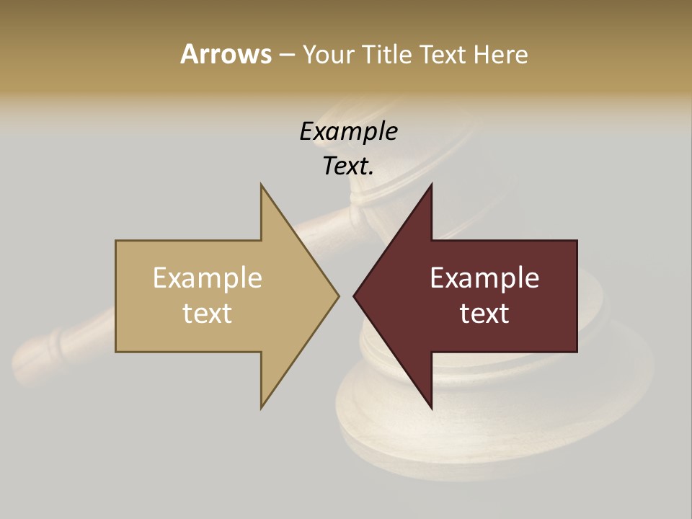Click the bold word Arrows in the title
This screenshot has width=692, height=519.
click(x=226, y=54)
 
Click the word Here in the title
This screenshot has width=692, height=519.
click(x=501, y=54)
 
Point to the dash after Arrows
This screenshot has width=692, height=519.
click(x=286, y=55)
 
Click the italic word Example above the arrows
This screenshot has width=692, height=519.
click(x=348, y=131)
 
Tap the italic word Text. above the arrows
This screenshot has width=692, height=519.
click(x=348, y=166)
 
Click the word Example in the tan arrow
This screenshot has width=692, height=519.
click(x=208, y=278)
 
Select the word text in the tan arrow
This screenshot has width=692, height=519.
click(x=208, y=314)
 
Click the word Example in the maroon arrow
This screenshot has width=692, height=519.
click(x=484, y=278)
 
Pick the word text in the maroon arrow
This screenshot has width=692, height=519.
click(x=484, y=314)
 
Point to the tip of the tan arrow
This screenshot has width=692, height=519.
click(x=337, y=296)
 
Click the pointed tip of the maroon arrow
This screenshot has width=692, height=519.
click(x=355, y=296)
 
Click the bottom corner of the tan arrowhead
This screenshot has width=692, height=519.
click(x=262, y=407)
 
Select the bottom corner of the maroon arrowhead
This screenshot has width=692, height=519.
click(x=431, y=407)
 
